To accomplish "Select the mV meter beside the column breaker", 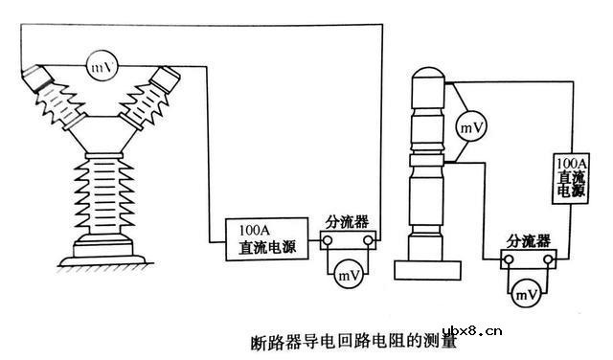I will pyautogui.click(x=469, y=125).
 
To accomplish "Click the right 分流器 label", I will pyautogui.click(x=529, y=238).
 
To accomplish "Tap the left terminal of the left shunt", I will pyautogui.click(x=324, y=244).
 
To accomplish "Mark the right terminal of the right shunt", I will pyautogui.click(x=548, y=259).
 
